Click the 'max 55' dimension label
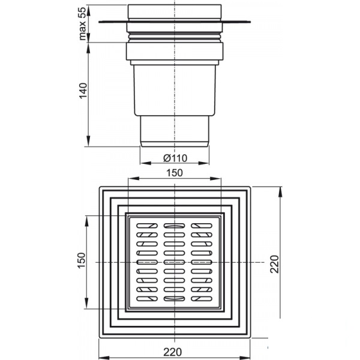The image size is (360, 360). click(82, 23)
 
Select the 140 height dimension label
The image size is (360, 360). click(83, 91)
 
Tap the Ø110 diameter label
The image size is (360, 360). click(175, 158)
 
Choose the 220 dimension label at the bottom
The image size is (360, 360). click(172, 352)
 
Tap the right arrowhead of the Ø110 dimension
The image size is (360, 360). click(203, 163)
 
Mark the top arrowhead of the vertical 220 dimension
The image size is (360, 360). click(280, 192)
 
